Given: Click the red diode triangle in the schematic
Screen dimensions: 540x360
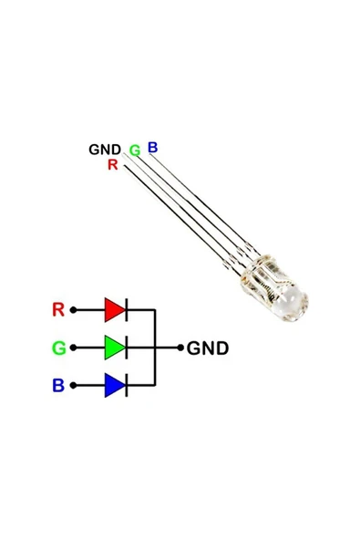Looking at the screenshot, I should click(114, 310).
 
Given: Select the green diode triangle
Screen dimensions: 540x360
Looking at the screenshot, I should click(114, 348).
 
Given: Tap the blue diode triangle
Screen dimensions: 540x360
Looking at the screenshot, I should click(114, 385).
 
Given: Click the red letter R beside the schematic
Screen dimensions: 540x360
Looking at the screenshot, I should click(57, 310).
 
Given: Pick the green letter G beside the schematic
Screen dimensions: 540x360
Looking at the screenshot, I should click(57, 348).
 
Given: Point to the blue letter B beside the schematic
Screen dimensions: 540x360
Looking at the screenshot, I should click(57, 386).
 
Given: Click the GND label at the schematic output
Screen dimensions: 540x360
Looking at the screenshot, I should click(208, 348).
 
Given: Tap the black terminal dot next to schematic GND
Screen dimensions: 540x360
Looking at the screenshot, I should click(180, 348).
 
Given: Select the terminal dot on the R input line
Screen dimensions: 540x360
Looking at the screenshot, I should click(74, 310).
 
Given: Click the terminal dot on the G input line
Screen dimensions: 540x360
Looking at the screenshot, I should click(74, 348).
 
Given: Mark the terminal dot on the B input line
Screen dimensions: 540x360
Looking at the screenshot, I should click(74, 385).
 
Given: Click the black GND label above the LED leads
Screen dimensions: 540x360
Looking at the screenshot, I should click(104, 149).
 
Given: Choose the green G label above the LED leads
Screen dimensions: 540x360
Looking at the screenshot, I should click(134, 150).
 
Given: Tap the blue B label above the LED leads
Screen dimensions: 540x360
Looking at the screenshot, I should click(152, 146).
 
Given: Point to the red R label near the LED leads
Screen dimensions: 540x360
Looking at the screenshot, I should click(112, 164).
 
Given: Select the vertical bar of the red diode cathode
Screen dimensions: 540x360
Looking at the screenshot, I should click(126, 310).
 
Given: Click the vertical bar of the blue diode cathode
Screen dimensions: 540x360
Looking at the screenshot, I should click(126, 385).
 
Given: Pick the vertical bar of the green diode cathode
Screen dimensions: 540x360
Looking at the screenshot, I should click(126, 348).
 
